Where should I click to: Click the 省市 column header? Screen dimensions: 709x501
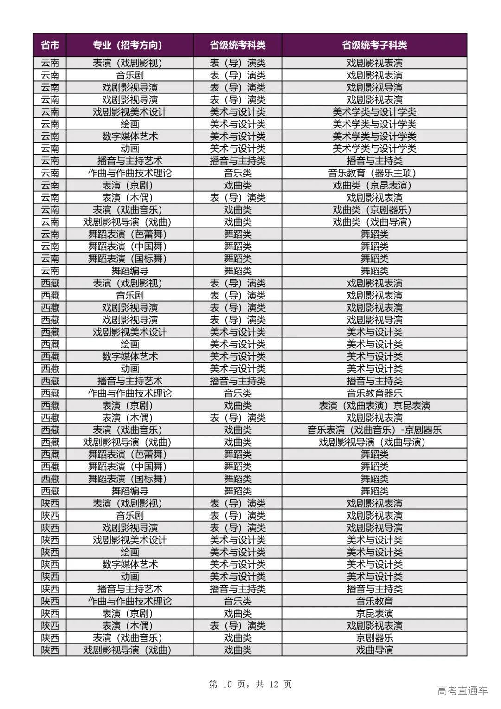(x=50, y=45)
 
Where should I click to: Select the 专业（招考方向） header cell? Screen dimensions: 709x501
(x=129, y=45)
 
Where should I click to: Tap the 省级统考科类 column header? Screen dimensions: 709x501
(x=238, y=45)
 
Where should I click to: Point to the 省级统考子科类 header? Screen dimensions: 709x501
(x=374, y=45)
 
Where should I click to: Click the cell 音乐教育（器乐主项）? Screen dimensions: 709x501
(x=374, y=173)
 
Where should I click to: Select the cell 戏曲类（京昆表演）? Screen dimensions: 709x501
(x=374, y=185)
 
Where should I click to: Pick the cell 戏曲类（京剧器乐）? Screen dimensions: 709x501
(x=374, y=210)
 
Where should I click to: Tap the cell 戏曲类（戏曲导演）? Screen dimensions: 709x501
(x=374, y=222)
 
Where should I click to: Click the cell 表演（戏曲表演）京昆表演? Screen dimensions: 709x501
(x=374, y=405)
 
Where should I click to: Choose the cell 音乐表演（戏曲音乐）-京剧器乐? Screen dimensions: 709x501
(x=374, y=430)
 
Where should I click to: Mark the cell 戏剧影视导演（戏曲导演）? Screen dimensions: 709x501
(x=374, y=442)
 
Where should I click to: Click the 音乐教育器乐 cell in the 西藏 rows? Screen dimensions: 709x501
(x=374, y=393)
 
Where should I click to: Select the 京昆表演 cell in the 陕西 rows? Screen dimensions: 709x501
(x=374, y=613)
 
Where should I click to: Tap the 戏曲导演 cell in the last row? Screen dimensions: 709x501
(x=374, y=650)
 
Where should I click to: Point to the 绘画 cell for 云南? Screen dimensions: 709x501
(x=129, y=124)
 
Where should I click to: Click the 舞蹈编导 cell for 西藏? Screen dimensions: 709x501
(x=129, y=491)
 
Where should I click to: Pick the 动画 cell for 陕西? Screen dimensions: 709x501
(x=129, y=577)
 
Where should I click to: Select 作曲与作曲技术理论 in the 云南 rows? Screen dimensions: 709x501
(x=129, y=173)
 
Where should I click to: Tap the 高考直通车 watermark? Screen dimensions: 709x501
(x=462, y=691)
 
